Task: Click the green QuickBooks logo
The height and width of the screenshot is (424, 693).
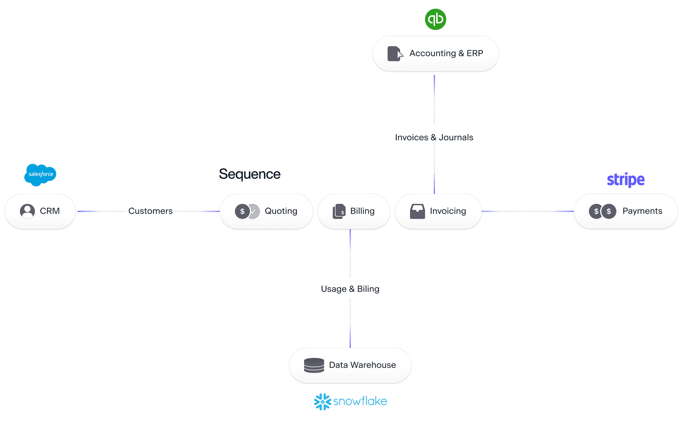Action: (435, 19)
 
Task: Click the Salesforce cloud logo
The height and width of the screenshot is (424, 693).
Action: (41, 175)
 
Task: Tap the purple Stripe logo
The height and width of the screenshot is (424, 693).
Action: (626, 180)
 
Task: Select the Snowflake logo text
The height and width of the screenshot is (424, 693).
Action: (360, 401)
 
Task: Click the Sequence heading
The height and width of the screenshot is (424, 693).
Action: (250, 174)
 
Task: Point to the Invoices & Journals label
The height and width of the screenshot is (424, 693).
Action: (434, 137)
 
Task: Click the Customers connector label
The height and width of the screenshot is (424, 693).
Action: (151, 211)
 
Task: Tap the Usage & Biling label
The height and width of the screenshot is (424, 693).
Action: (350, 289)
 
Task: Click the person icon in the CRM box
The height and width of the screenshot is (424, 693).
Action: (27, 211)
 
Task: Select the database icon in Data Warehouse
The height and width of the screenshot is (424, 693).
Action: (314, 365)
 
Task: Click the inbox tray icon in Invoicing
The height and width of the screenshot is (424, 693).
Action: (417, 211)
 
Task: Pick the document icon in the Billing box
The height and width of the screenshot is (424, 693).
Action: (339, 211)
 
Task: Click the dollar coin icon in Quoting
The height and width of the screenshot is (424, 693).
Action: (242, 211)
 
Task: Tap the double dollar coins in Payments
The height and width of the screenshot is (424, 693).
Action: (602, 211)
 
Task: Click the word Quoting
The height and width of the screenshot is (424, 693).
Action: (281, 211)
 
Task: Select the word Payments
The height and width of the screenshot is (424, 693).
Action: (642, 211)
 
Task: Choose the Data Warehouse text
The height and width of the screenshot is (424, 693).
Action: (362, 365)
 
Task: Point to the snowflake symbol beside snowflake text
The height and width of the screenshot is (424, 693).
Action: (323, 402)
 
